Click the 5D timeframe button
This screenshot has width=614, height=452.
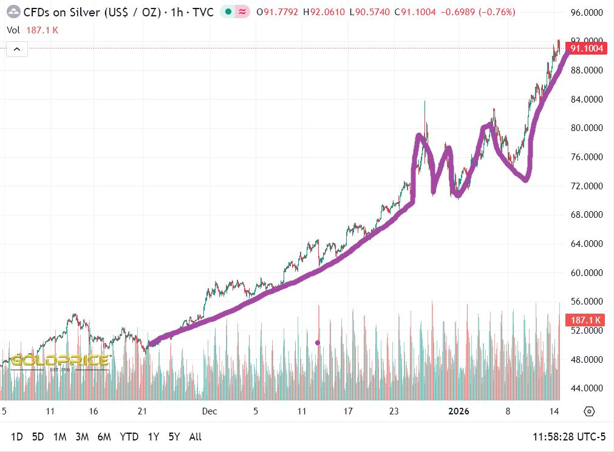(x=38, y=437)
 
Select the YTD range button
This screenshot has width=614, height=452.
(x=129, y=437)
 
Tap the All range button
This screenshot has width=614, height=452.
(x=195, y=437)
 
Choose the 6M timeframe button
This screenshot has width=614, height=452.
(x=104, y=437)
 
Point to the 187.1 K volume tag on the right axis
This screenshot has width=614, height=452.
(x=584, y=320)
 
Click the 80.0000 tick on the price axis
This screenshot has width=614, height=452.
(x=587, y=128)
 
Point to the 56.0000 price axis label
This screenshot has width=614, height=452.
(x=587, y=302)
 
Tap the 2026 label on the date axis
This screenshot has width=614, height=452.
(x=459, y=411)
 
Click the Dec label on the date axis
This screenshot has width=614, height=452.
(x=210, y=411)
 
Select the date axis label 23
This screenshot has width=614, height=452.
(x=394, y=411)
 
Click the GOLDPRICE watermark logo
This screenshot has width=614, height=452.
(x=60, y=361)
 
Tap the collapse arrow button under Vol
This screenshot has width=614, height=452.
(x=17, y=50)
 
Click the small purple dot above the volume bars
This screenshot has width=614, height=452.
(x=318, y=343)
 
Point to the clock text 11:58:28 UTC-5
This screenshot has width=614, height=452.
(x=569, y=437)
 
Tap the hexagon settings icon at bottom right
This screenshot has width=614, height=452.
(x=588, y=411)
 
